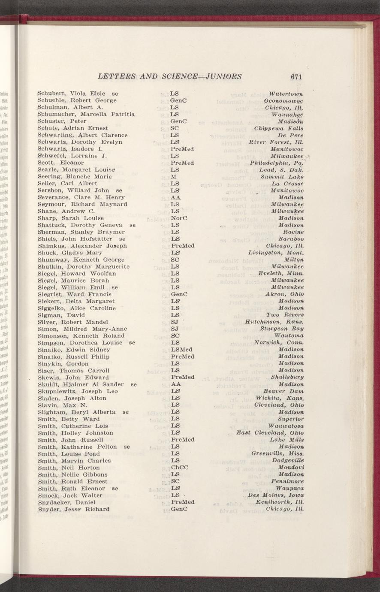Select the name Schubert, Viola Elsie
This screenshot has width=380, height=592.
coord(70,94)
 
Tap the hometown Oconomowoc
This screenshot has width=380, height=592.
coord(285,100)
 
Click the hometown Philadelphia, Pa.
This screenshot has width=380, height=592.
coord(277,163)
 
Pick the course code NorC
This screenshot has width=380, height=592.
coord(178,218)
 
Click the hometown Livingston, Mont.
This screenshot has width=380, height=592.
coord(276,253)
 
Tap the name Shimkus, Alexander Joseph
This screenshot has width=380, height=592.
coord(82,246)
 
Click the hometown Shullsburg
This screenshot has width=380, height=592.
coord(287,377)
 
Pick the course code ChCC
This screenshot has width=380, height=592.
coord(180,467)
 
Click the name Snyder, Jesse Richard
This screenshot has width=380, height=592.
coord(73,509)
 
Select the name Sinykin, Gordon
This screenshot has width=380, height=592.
coord(63,363)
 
